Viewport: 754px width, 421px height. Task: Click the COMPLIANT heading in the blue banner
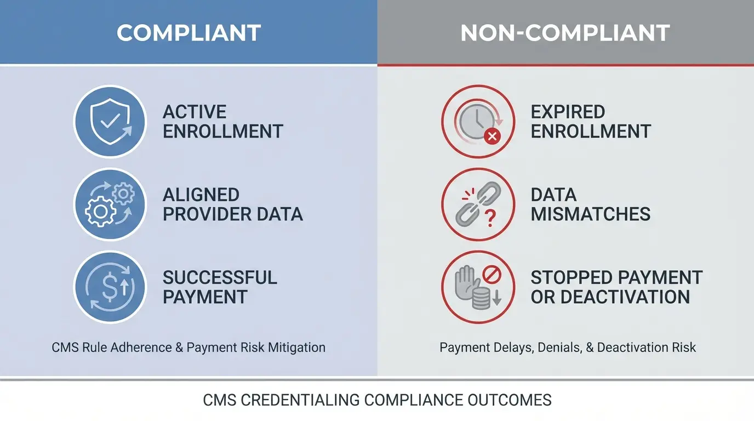coord(188,33)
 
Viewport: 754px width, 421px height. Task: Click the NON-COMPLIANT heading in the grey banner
coord(565,33)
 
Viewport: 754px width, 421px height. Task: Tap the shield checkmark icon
coord(110,121)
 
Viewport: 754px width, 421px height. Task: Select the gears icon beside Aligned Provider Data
coord(110,204)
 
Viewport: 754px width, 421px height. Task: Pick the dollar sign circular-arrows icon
coord(110,287)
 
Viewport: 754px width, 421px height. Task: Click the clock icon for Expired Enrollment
coord(478,121)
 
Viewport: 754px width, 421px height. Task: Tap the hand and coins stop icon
coord(478,287)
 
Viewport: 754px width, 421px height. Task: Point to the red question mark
coord(490,219)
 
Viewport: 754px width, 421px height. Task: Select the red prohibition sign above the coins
coord(491,272)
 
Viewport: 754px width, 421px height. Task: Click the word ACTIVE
coord(195,112)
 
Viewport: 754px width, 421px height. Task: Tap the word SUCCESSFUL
coord(220,277)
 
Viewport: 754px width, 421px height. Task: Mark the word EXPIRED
coord(568,112)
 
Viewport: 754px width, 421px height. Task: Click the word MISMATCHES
coord(591,214)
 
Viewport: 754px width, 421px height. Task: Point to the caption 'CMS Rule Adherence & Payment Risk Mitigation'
coord(188,348)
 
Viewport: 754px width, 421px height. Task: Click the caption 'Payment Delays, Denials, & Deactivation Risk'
coord(568,348)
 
